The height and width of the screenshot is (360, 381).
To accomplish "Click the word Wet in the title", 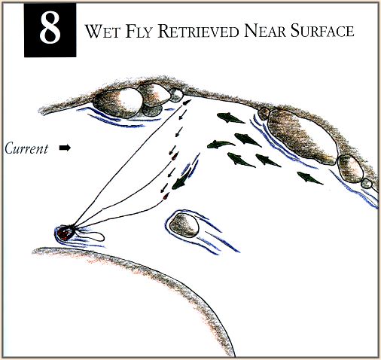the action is [102, 31].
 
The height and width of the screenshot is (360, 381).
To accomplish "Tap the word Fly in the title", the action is [139, 31].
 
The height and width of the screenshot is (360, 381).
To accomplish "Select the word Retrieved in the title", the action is [198, 31].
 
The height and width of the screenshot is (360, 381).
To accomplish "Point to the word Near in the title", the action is [265, 31].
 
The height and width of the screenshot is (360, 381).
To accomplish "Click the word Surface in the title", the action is [322, 31].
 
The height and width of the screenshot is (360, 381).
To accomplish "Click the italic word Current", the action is [26, 148].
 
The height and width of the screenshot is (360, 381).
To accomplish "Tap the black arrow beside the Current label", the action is [65, 148].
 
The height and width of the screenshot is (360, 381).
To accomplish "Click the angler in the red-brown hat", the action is [66, 233].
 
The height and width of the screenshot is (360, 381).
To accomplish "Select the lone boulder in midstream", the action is [184, 225].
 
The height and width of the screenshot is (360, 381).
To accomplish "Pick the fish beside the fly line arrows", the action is [180, 182].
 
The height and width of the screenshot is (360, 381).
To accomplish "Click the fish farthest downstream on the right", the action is [309, 178].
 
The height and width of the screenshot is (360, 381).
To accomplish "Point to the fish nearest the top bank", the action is [230, 118].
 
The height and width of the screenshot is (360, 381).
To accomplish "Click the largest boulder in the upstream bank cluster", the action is [117, 102].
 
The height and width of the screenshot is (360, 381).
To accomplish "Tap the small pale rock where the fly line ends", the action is [175, 95].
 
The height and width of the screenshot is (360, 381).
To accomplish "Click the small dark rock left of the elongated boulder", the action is [264, 114].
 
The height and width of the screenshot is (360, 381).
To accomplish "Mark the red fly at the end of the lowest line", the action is [165, 197].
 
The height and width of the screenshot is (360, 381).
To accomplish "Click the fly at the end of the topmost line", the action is [187, 102].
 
